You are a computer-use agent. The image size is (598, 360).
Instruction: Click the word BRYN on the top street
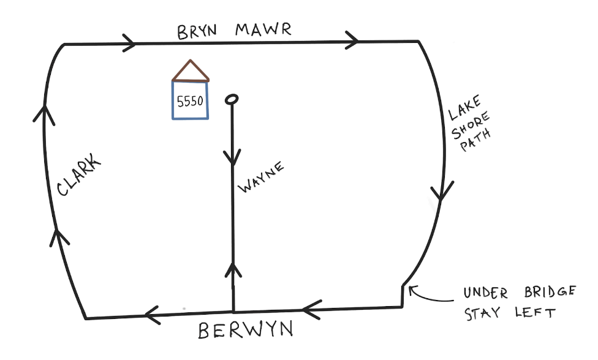[x=198, y=32]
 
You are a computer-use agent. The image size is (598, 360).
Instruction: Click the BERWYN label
[x=245, y=331]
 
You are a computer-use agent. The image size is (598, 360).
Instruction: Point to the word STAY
[x=483, y=314]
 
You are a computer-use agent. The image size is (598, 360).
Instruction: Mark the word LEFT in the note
[x=536, y=313]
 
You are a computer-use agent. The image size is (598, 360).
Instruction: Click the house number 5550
[x=190, y=102]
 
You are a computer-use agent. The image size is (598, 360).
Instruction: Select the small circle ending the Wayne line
[x=232, y=99]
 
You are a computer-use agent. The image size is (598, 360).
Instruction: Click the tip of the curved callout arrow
[x=411, y=288]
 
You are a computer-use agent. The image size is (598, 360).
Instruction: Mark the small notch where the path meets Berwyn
[x=403, y=295]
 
